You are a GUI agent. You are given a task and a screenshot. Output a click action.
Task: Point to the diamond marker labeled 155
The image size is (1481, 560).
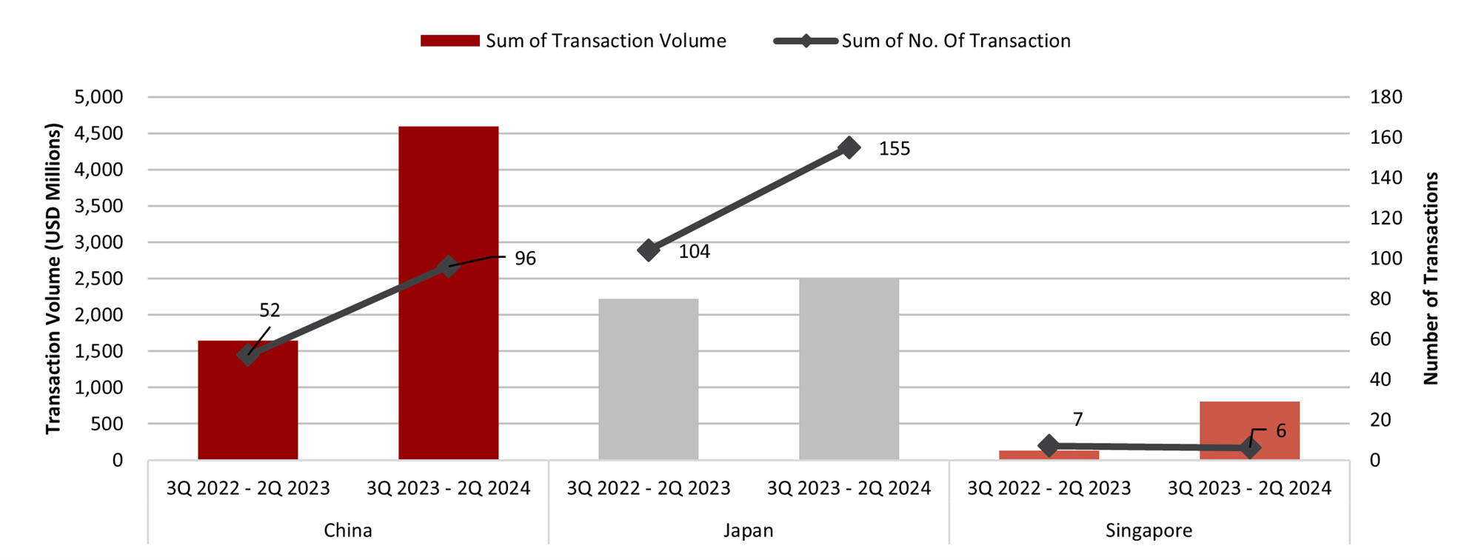click(x=849, y=147)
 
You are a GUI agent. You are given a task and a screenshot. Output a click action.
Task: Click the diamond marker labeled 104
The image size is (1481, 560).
click(x=648, y=250)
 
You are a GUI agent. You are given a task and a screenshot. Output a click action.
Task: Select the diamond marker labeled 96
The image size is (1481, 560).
click(x=447, y=267)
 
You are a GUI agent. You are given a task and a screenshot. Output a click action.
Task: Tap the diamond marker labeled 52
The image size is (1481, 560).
click(x=248, y=355)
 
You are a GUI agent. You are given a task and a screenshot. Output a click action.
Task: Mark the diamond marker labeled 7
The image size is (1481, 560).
click(x=1049, y=446)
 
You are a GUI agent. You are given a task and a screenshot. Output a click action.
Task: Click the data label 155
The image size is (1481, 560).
click(x=895, y=149)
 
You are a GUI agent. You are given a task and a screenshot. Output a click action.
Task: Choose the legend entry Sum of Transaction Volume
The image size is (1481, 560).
click(x=573, y=41)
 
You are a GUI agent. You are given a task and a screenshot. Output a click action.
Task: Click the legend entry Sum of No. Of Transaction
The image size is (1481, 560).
click(x=922, y=41)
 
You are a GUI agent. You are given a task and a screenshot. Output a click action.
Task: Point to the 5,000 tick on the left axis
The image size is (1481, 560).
click(x=98, y=97)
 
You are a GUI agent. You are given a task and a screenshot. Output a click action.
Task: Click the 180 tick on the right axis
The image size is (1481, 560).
click(x=1385, y=97)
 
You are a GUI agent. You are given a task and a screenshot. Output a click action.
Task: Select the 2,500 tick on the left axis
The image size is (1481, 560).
click(x=98, y=279)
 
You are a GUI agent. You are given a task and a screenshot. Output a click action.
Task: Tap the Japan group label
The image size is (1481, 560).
click(x=748, y=530)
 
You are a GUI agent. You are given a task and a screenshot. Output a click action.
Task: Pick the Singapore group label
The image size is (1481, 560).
click(x=1149, y=530)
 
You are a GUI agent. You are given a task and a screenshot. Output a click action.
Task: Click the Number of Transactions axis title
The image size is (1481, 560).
click(x=1431, y=279)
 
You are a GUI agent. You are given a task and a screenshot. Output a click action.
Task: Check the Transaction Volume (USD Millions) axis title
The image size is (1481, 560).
click(x=53, y=279)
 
